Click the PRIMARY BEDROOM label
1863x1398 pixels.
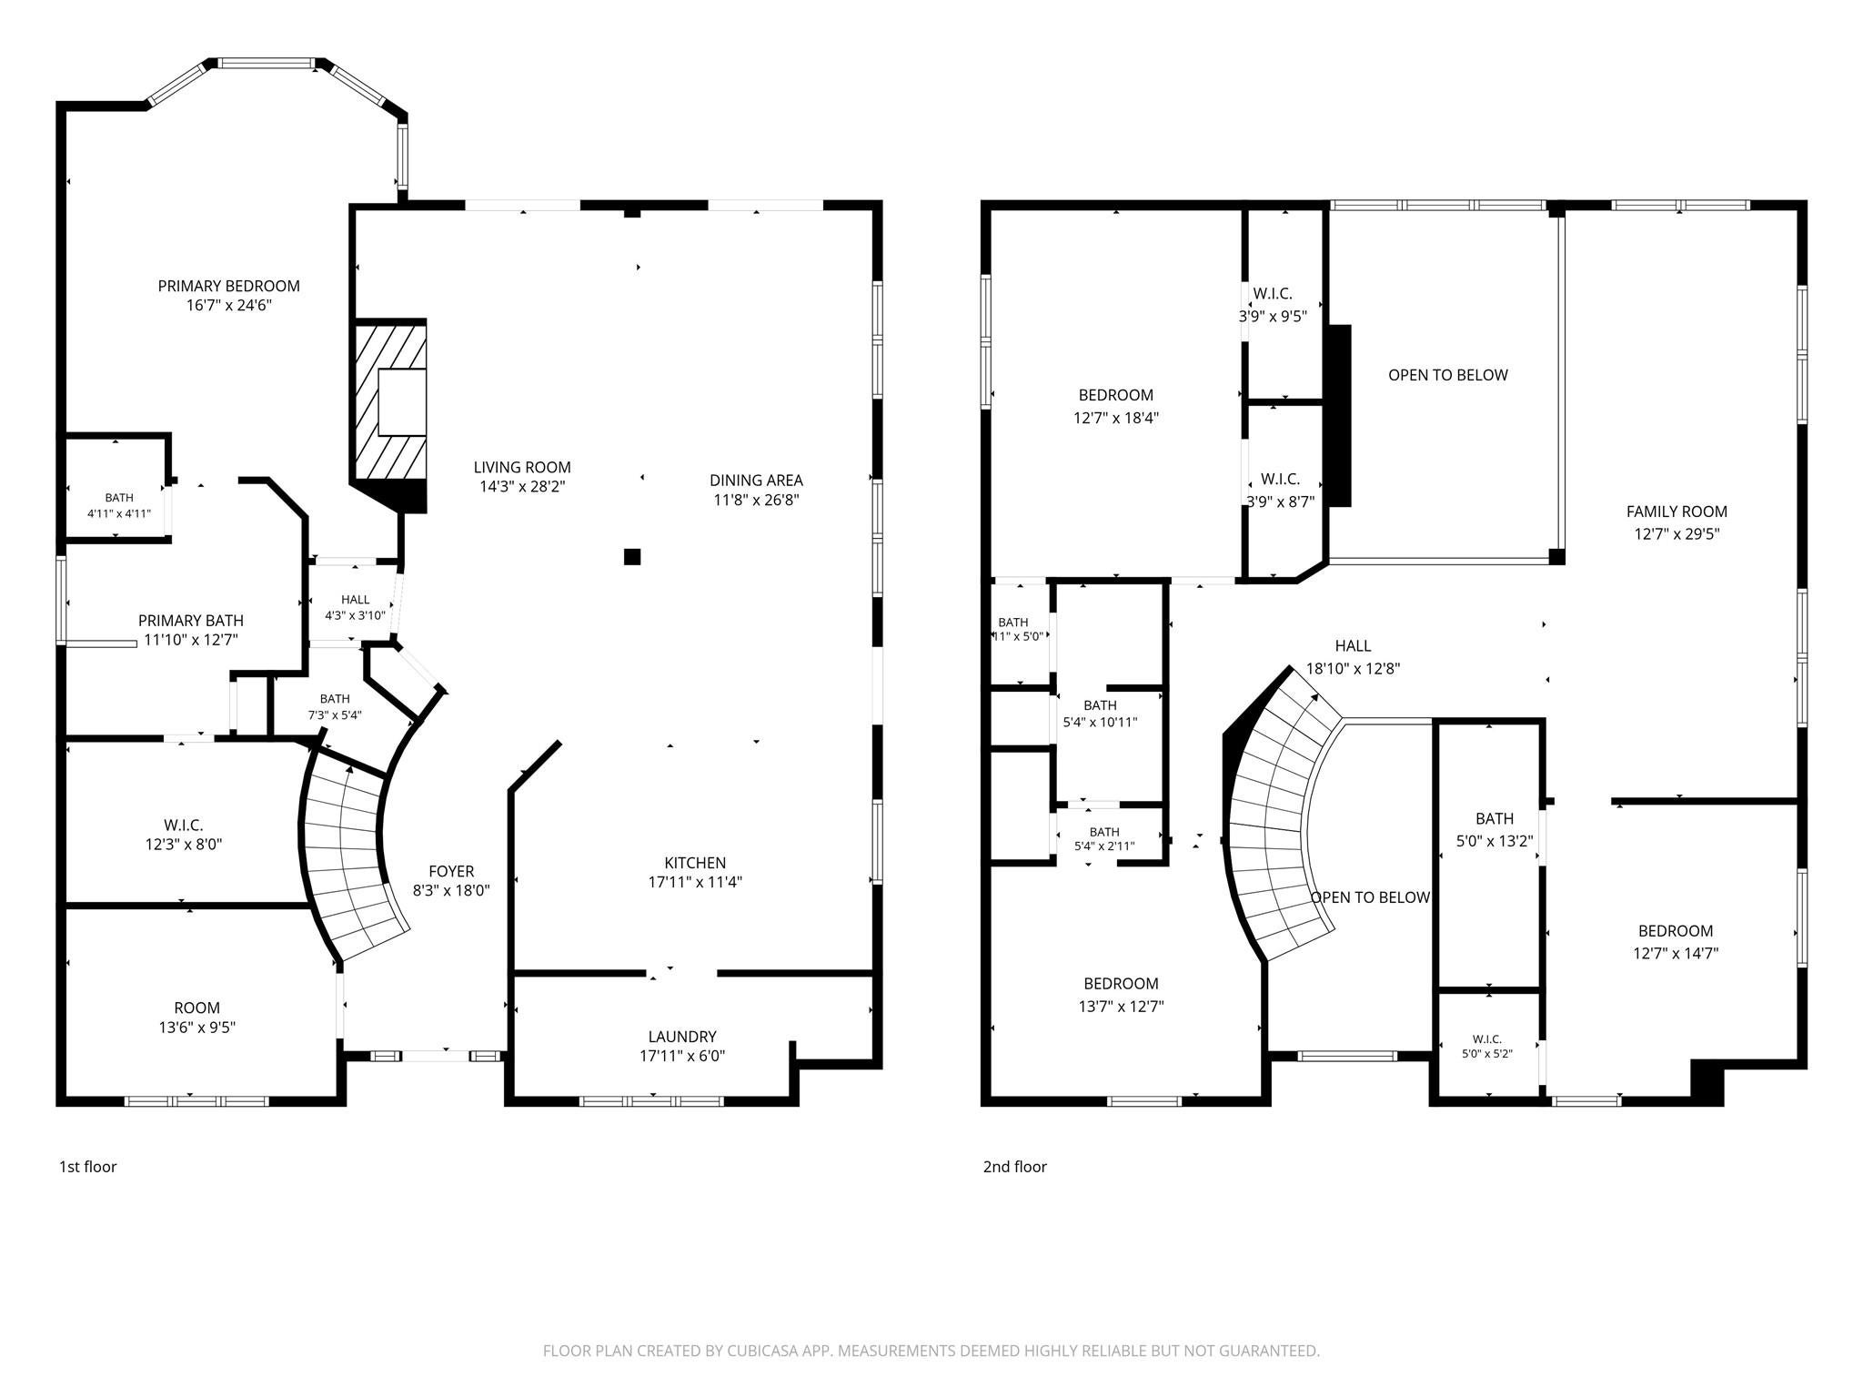pos(229,286)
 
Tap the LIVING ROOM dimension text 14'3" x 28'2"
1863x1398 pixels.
pos(522,487)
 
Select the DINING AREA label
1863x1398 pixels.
pos(756,480)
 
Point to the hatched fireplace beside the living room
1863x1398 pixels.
pos(389,400)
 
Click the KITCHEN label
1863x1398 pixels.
pos(695,863)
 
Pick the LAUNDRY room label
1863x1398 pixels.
pos(682,1037)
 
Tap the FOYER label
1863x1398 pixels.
pos(451,871)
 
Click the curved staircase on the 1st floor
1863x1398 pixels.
pos(354,860)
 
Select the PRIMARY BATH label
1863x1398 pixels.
pos(191,621)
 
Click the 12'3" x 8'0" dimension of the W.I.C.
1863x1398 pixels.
pos(184,845)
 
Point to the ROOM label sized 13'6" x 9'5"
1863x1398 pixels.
pos(197,1008)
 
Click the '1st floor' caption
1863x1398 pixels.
pos(88,1167)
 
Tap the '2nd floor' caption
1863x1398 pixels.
pos(1015,1167)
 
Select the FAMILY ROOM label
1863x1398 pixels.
pos(1677,512)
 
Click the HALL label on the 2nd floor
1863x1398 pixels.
pos(1353,645)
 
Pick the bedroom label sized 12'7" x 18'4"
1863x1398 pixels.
pos(1116,395)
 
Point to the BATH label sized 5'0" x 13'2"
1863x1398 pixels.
pos(1495,818)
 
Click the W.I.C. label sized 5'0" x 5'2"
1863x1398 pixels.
pos(1487,1039)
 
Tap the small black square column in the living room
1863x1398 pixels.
pos(632,556)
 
